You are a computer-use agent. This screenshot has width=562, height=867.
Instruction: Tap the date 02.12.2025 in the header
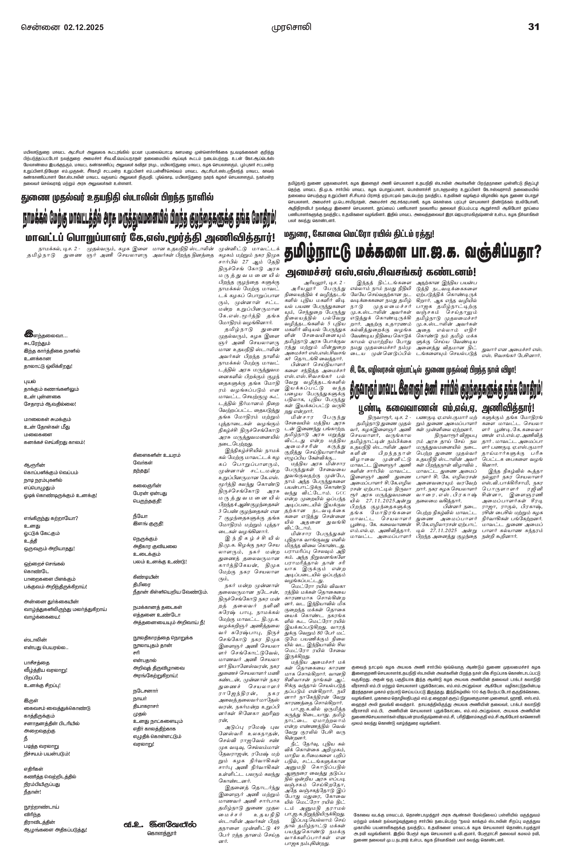[84, 27]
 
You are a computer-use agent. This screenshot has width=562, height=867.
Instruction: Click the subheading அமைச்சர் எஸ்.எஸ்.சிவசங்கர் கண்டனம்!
[381, 272]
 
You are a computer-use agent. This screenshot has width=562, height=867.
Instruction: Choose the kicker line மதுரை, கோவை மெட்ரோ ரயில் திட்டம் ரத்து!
[359, 234]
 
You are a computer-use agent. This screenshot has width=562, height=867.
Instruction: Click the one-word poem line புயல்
[30, 382]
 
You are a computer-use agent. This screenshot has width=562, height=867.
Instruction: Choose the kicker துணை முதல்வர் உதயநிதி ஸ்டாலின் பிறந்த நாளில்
[118, 198]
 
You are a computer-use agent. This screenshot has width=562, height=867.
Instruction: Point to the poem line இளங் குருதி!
[148, 523]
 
